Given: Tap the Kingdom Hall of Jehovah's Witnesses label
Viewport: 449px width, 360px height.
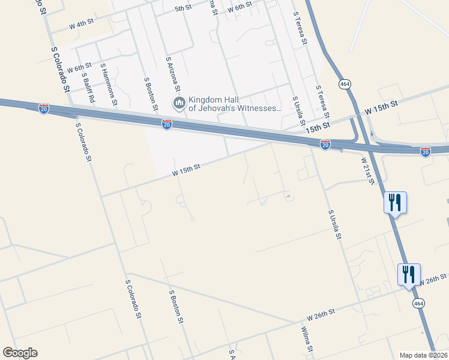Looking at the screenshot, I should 235,104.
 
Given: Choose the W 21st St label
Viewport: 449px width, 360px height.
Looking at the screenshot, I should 368,171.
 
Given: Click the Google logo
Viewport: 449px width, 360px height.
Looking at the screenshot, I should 20,353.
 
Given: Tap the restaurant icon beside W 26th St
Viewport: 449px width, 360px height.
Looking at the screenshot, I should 409,275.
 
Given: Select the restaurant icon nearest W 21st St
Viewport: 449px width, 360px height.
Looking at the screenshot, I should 395,202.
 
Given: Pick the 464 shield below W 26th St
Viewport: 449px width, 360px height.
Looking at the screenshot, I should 418,304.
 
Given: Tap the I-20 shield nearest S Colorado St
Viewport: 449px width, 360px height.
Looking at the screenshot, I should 44,109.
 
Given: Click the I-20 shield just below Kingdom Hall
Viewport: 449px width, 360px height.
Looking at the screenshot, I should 167,124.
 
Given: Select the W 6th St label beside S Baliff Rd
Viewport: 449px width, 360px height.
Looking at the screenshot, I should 79,68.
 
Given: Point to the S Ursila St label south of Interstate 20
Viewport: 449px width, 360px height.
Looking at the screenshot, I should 334,224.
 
